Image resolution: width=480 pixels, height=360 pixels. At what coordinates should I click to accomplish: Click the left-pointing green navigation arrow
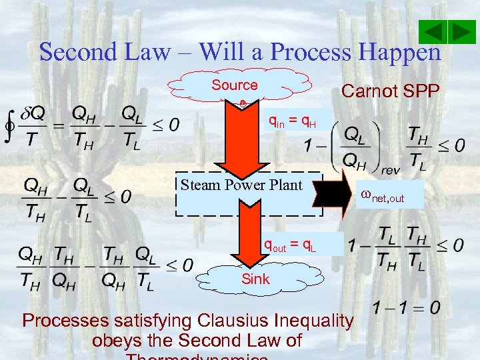433,32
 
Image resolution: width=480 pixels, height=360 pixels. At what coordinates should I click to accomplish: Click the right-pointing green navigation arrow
461,32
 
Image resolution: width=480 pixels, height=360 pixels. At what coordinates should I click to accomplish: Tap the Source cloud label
234,85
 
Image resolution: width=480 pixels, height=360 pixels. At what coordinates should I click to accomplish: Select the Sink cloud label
255,279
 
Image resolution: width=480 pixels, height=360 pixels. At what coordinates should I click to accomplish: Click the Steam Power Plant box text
241,185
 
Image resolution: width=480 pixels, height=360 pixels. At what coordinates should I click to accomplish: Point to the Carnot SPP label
390,91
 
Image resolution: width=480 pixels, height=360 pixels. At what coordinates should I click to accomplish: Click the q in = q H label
292,121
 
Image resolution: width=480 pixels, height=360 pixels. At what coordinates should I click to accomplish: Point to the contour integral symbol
9,125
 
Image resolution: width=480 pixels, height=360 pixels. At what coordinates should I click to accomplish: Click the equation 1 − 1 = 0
406,307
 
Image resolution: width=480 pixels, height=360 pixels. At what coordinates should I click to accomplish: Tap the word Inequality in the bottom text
309,321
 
